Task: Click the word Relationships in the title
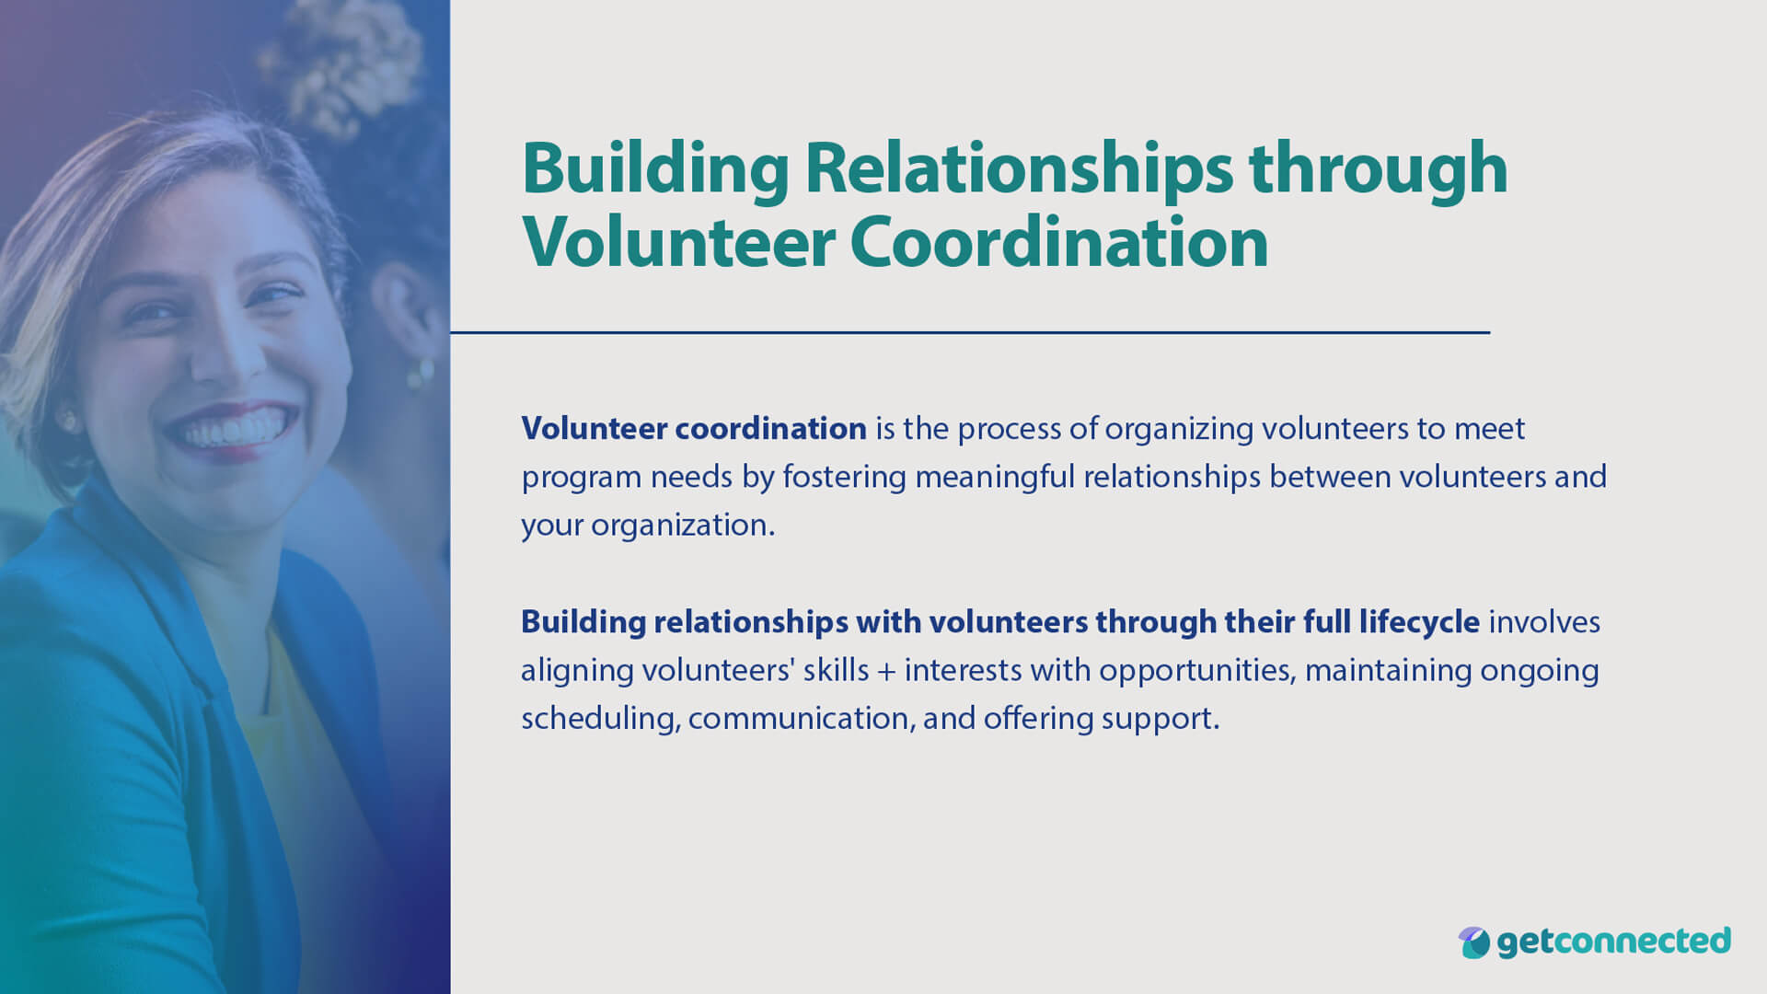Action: [x=1018, y=169]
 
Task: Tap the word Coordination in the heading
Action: [x=1058, y=243]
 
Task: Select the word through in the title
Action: [x=1378, y=169]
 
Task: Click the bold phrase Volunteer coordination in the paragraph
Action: [x=694, y=429]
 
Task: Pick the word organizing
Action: [x=1179, y=430]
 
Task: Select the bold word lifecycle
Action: [x=1419, y=623]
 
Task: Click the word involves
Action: [x=1544, y=622]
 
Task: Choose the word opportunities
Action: [x=1196, y=671]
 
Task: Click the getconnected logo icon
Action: [x=1473, y=942]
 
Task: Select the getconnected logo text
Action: [x=1613, y=942]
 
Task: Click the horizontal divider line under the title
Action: [x=969, y=332]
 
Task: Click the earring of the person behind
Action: [x=421, y=373]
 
